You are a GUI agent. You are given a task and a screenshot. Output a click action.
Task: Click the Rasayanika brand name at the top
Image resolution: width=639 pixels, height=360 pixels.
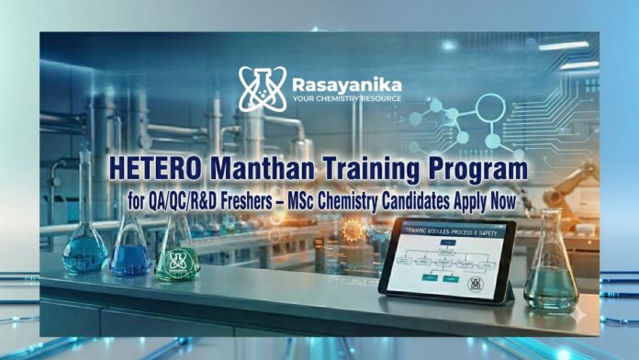point(345,80)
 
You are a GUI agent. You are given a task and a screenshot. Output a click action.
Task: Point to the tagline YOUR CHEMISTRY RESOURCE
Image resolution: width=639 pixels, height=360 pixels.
point(345,97)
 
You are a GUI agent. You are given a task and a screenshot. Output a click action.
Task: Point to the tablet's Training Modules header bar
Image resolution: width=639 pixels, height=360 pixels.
point(448,231)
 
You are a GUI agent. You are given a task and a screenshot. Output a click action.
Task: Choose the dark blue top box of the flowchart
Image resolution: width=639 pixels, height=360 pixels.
point(447,242)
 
